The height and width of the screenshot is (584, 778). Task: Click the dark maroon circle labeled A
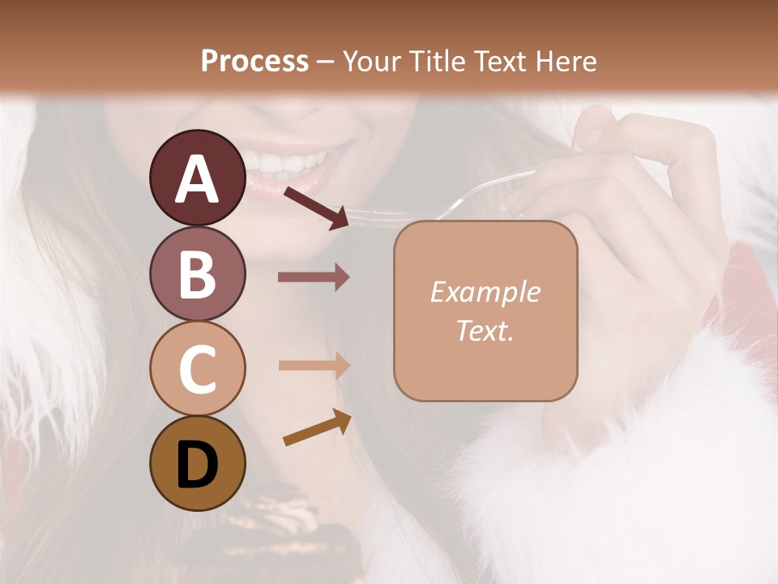pos(198,178)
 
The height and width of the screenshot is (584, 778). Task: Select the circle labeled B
pos(198,273)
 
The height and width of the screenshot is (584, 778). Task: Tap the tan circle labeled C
pos(198,368)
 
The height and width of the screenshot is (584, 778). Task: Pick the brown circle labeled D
pos(198,463)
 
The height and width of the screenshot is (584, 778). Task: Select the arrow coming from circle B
pos(314,277)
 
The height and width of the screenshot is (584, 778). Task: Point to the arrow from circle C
pos(314,365)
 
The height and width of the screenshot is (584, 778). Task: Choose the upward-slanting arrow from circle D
pos(317,427)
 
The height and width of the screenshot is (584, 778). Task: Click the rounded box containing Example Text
pos(485,311)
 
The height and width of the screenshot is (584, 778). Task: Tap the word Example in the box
pos(485,292)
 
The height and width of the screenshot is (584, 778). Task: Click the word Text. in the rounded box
pos(485,331)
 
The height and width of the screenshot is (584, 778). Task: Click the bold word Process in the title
pos(254,61)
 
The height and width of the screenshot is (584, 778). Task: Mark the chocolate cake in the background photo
pos(276,527)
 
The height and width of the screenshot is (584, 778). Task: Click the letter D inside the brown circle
pos(198,465)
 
